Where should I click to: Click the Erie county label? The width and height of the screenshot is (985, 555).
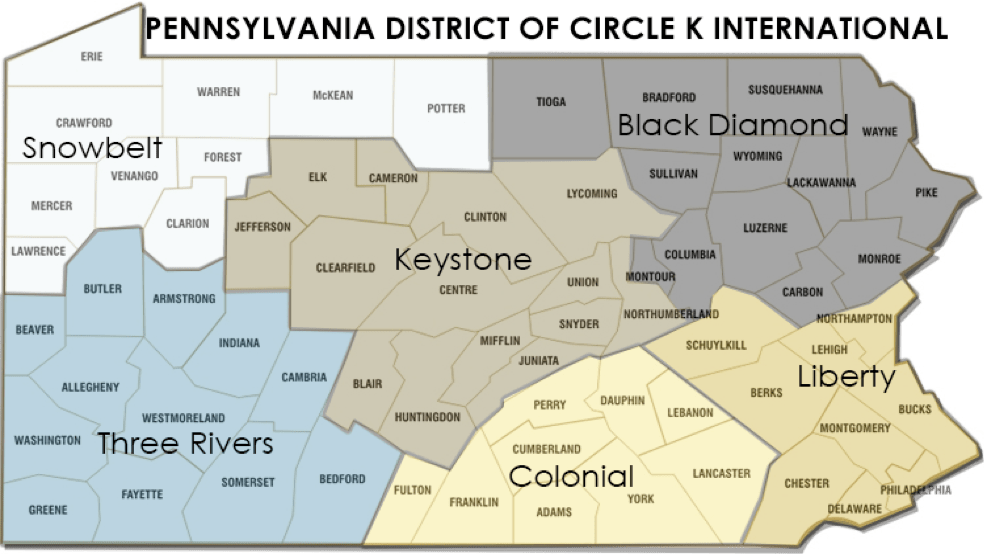pos(91,57)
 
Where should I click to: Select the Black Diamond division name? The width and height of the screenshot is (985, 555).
pos(733,125)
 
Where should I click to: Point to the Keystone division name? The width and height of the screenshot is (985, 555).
pos(462,260)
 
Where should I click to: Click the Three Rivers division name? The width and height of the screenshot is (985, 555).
pos(185,442)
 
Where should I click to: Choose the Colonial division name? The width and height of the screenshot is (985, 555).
pos(571,477)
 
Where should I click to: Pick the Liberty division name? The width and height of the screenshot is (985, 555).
pos(846,376)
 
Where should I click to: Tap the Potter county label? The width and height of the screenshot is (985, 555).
pos(446,108)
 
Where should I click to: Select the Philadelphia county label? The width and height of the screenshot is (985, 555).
pos(916,490)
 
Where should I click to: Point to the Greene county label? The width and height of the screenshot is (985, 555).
pos(48,510)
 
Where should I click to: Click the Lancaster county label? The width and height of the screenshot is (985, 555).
pos(721,473)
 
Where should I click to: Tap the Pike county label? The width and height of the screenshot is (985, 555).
pos(926,193)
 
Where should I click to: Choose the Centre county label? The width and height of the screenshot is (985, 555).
pos(458,290)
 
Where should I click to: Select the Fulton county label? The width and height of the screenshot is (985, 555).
pos(413,490)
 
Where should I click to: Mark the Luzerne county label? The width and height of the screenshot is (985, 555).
pos(765,228)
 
